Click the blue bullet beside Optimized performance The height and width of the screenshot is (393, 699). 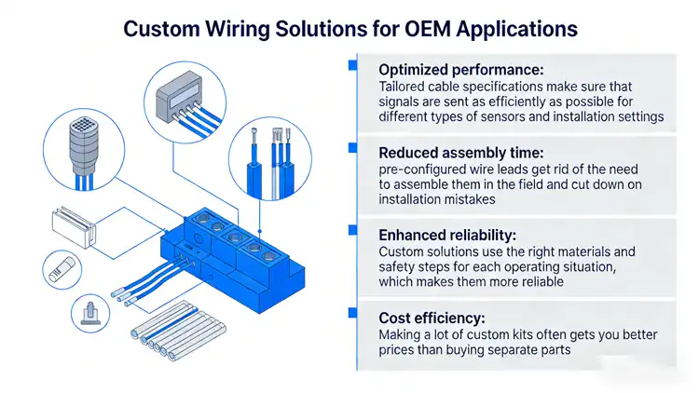(352, 66)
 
